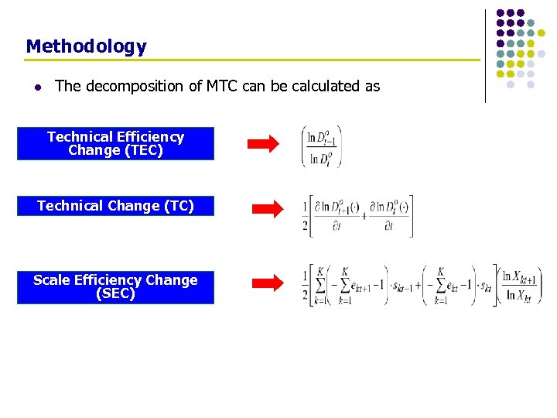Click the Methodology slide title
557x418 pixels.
point(86,46)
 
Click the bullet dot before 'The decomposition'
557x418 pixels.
point(36,87)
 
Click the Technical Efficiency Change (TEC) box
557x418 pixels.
point(115,143)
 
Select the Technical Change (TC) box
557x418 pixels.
point(115,206)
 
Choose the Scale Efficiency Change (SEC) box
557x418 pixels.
point(115,286)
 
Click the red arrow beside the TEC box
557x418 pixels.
point(263,144)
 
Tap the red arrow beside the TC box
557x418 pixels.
point(269,207)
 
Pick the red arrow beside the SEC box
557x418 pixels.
point(269,284)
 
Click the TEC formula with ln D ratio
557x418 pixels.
point(321,146)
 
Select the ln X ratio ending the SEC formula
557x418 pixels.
point(521,286)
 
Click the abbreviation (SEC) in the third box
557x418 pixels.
point(115,293)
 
